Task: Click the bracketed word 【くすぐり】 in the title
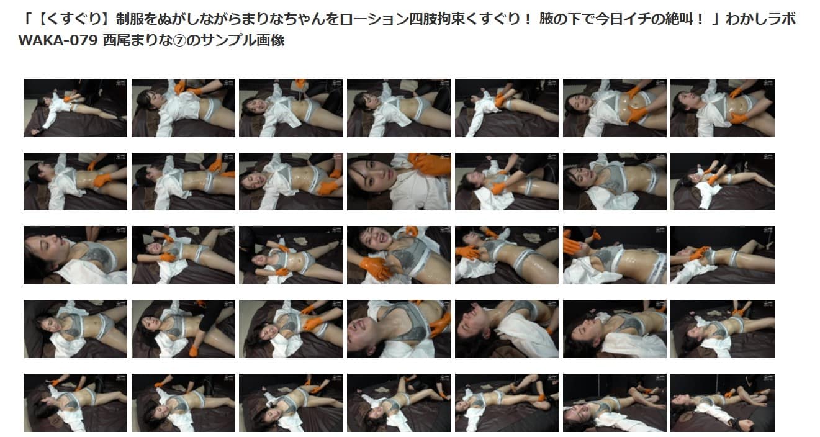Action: (73, 19)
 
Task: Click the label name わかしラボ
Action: (760, 19)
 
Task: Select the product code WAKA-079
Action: (58, 40)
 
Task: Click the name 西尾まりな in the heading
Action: (137, 40)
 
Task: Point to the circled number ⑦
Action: (179, 40)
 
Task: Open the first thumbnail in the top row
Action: (75, 108)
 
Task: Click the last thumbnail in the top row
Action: (723, 108)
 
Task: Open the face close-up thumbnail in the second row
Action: (399, 181)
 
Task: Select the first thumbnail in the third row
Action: (75, 255)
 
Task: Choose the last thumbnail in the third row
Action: (723, 255)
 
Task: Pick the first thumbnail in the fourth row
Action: (75, 329)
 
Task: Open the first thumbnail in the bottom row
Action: (75, 403)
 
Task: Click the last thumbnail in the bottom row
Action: (723, 403)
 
